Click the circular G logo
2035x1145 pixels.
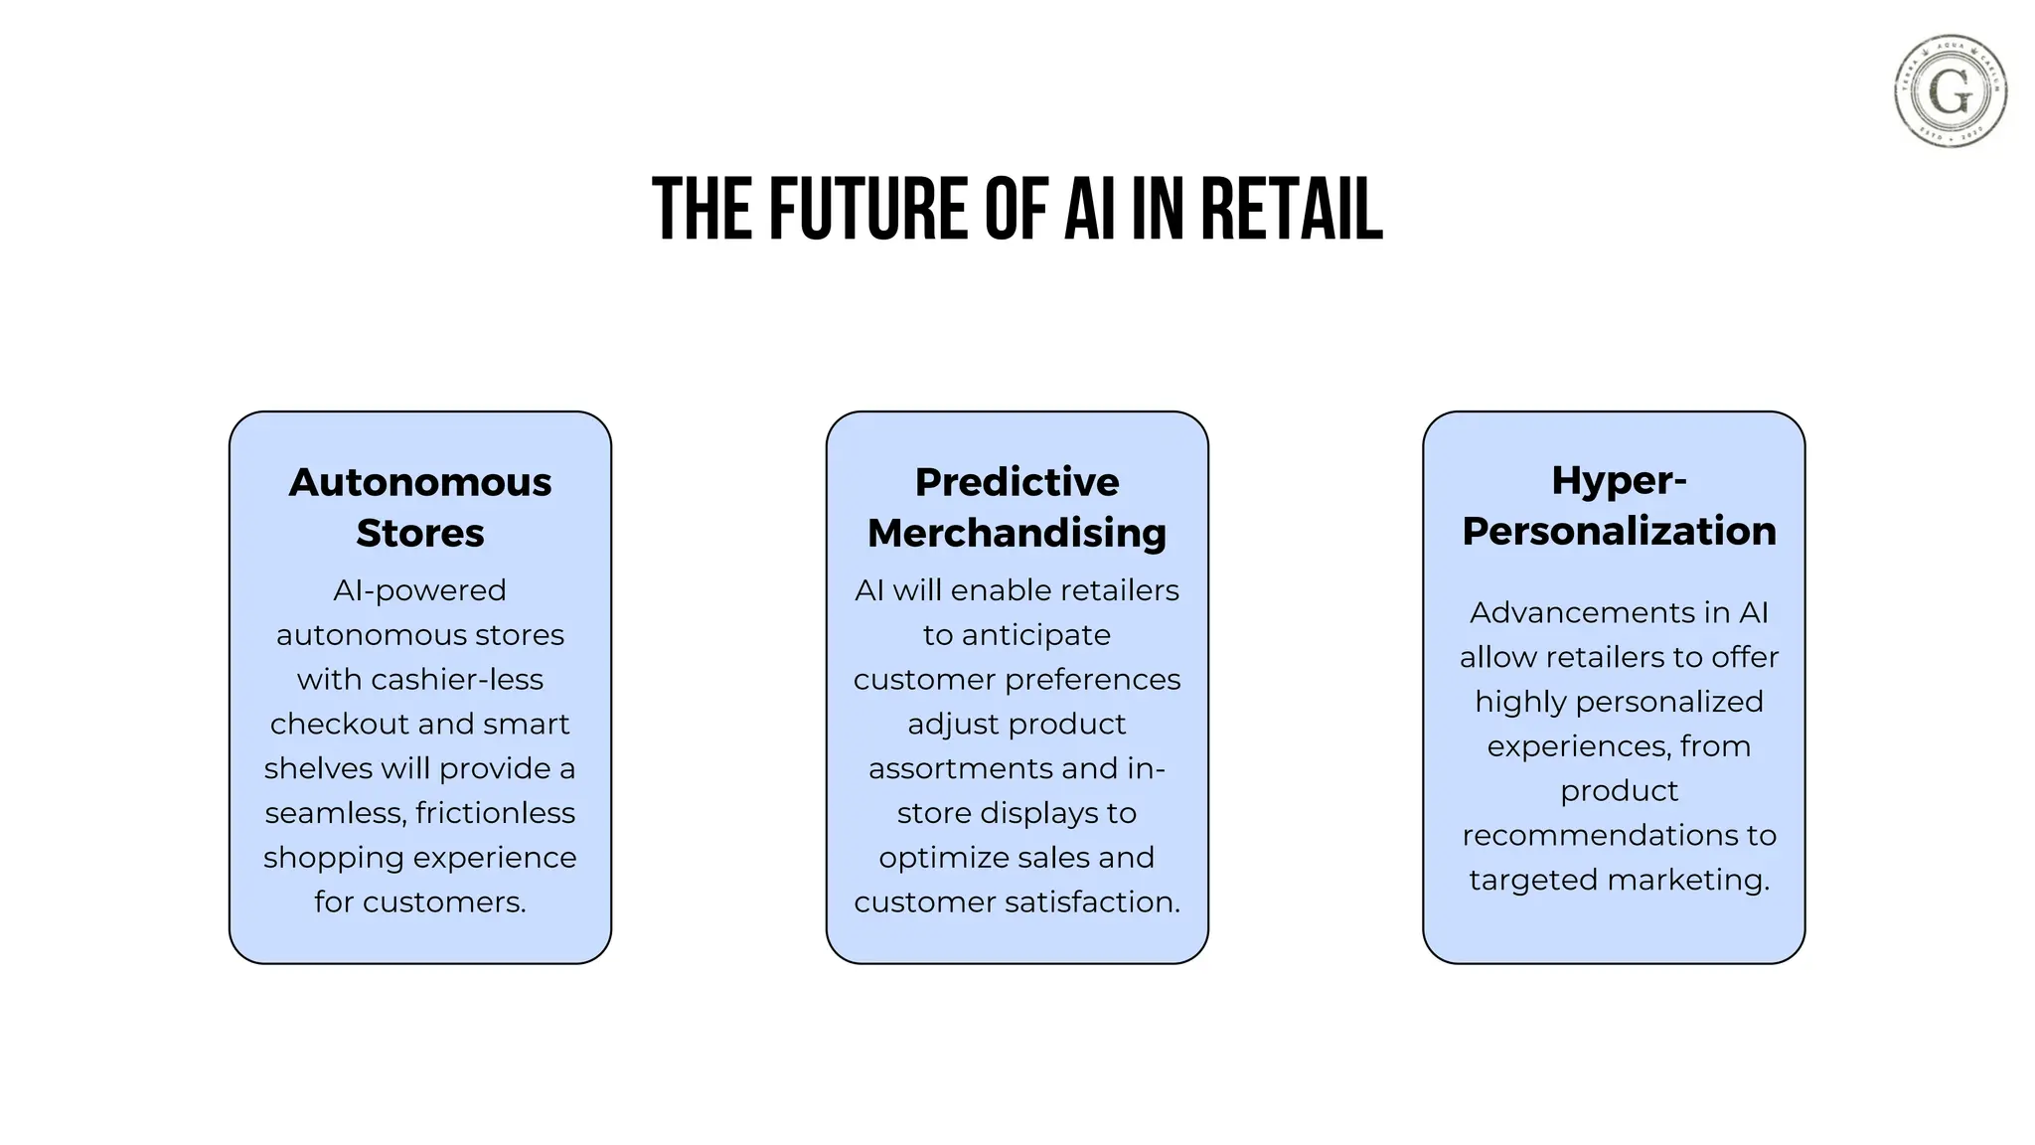coord(1950,91)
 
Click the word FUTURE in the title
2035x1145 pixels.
coord(867,210)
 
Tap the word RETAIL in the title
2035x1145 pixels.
coord(1291,210)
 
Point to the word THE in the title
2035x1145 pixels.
coord(702,210)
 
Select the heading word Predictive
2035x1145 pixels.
coord(1017,482)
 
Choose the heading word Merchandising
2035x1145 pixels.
coord(1017,533)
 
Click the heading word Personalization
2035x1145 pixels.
coord(1619,531)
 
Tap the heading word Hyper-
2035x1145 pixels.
coord(1619,481)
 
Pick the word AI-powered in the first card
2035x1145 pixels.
coord(419,590)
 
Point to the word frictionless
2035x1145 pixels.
coord(495,813)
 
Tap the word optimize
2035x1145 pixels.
coord(935,858)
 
